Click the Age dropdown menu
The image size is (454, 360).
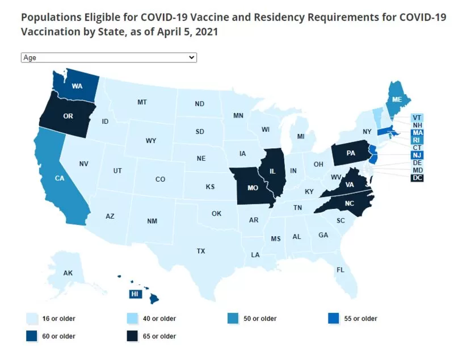tap(109, 57)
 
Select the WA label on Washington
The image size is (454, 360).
tap(77, 86)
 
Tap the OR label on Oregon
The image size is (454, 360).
tap(68, 116)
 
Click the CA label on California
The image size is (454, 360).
tap(60, 178)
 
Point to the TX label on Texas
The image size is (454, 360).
tap(201, 251)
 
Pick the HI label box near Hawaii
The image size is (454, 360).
tap(135, 294)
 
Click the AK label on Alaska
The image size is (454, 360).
tap(68, 273)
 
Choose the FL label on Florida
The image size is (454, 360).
tap(340, 270)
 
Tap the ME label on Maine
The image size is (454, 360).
tap(397, 99)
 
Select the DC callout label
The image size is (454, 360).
tap(417, 178)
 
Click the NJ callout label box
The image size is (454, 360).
tap(417, 155)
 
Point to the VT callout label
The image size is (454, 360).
tap(417, 118)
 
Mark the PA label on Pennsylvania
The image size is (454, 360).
tap(351, 153)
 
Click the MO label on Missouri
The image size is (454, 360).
tap(253, 188)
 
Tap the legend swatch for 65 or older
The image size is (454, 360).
tap(132, 336)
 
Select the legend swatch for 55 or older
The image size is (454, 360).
tap(334, 319)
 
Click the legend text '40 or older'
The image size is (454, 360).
tap(159, 319)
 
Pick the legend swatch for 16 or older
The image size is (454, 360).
tap(32, 319)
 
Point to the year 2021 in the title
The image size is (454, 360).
tap(207, 32)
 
